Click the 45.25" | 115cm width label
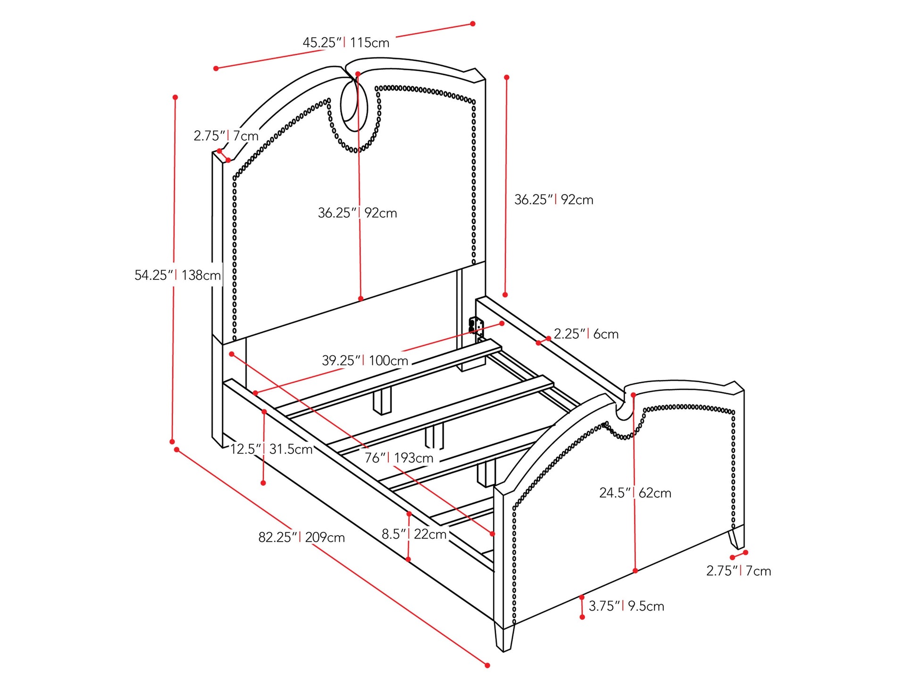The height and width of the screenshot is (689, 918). (346, 42)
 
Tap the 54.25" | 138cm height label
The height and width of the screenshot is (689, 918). (177, 275)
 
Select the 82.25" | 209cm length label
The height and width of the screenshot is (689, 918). (301, 537)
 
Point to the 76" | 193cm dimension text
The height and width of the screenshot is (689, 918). (399, 457)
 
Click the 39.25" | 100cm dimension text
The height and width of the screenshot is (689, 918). (365, 361)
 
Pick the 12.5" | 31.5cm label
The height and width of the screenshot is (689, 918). (271, 449)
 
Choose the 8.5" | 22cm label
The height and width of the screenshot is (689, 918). (414, 534)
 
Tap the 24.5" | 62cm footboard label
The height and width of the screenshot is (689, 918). (635, 493)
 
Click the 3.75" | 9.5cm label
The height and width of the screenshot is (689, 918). (626, 606)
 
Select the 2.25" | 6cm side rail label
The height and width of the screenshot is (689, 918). (586, 334)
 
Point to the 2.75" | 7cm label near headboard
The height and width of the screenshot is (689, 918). (226, 136)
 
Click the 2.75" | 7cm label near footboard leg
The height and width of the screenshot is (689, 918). (738, 571)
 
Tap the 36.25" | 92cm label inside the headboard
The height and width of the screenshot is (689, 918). (357, 213)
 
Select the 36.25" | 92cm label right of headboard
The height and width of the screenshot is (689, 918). (553, 200)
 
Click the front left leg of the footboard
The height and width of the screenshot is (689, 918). (504, 637)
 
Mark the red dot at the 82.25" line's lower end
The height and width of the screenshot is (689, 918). (487, 665)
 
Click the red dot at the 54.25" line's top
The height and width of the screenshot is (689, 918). (175, 97)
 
